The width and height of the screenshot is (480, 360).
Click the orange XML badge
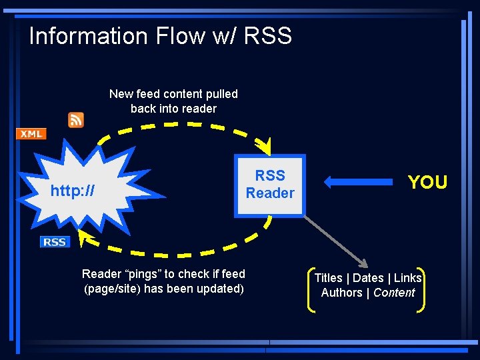(31, 134)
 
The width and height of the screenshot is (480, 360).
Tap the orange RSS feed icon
(76, 119)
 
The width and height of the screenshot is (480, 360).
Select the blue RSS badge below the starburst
(55, 242)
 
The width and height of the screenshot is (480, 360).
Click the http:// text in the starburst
(72, 191)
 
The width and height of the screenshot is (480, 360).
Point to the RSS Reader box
(269, 185)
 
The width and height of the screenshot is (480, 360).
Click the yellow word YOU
(427, 182)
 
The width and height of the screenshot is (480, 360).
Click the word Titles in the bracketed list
(328, 278)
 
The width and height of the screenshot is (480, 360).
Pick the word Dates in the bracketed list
(368, 278)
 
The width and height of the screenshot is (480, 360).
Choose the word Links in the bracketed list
(407, 278)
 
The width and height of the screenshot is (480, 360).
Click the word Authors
(341, 293)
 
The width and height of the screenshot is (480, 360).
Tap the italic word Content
(394, 293)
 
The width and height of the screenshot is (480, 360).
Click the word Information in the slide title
(88, 35)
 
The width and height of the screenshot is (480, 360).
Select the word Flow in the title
(180, 35)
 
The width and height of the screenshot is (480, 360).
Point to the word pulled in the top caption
(221, 94)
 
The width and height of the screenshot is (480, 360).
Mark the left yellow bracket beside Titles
(311, 289)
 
